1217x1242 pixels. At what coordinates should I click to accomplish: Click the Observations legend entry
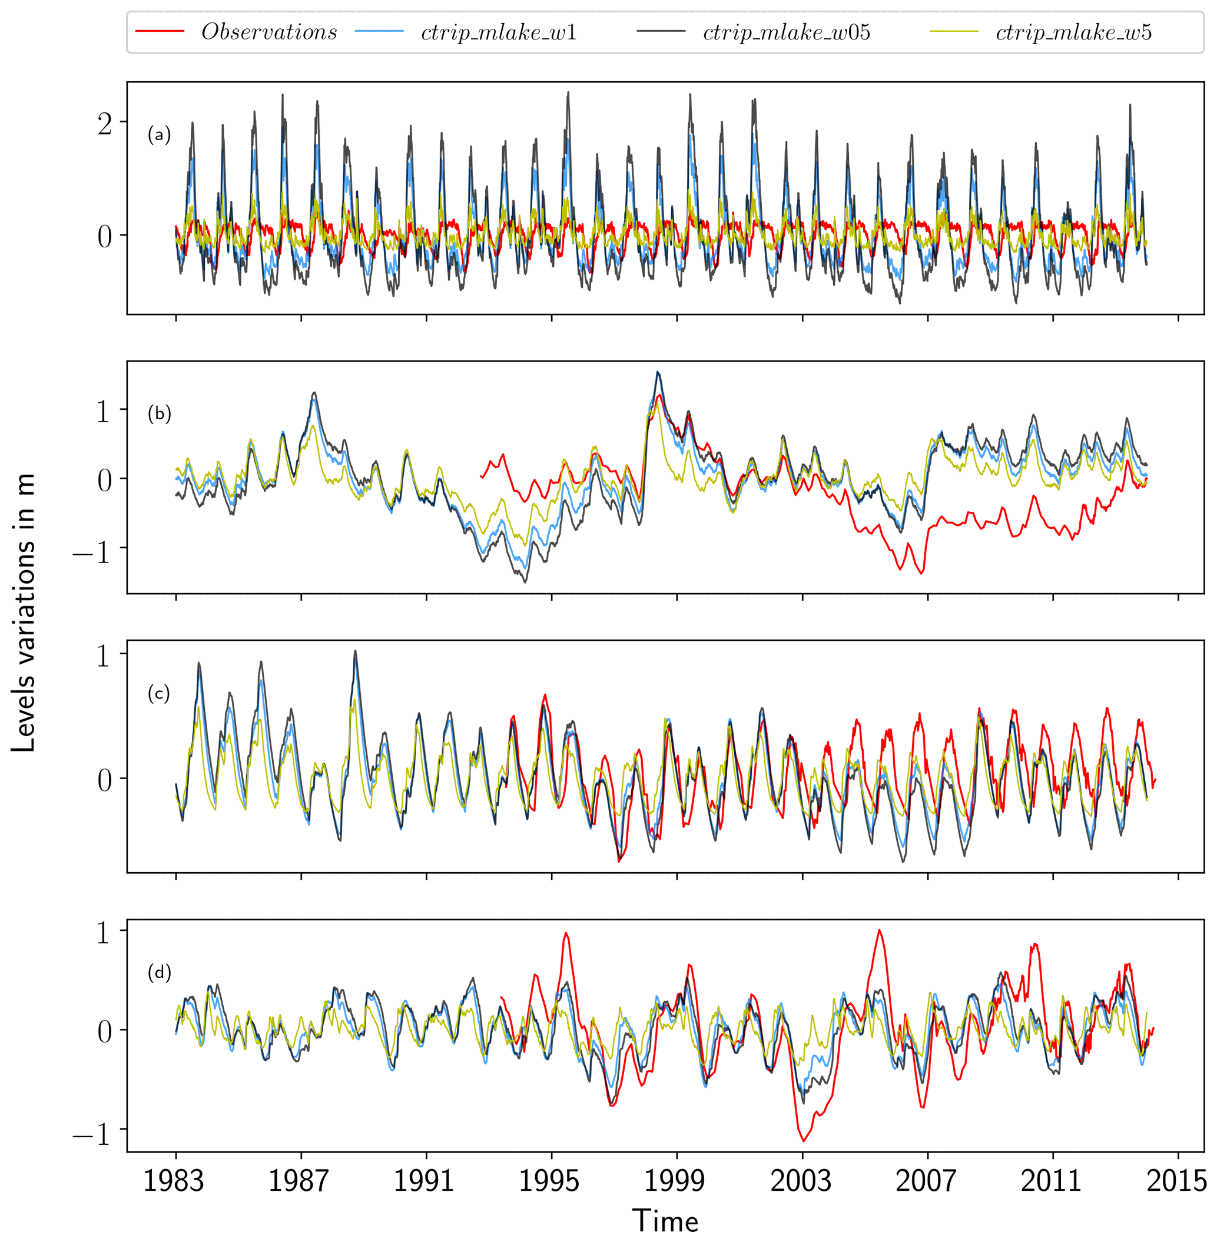[x=269, y=32]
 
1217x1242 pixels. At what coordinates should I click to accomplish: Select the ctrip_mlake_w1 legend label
[x=499, y=32]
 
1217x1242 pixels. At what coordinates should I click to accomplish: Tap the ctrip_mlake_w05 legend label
[x=786, y=32]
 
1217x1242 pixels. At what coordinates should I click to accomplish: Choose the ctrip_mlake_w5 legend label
[x=1074, y=32]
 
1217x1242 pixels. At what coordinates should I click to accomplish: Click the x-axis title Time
[x=665, y=1221]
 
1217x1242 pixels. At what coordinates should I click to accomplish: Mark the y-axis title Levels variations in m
[x=23, y=614]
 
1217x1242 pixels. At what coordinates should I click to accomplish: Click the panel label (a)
[x=159, y=135]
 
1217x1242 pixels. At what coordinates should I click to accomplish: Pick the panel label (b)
[x=159, y=413]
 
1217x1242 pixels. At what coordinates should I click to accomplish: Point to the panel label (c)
[x=159, y=693]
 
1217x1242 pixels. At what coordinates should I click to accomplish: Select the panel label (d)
[x=159, y=972]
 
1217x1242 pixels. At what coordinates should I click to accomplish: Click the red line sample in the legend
[x=160, y=32]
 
